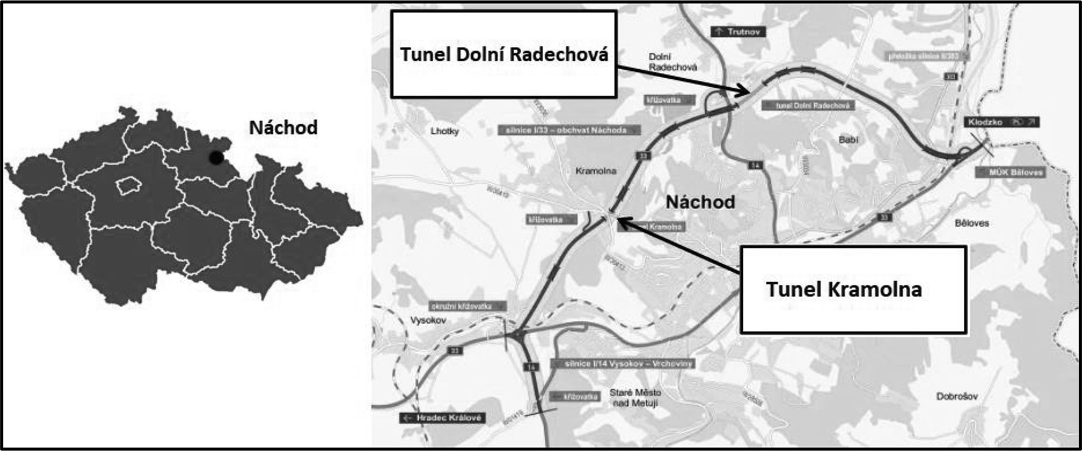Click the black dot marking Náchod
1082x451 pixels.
pos(215,157)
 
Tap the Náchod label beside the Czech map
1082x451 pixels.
pos(283,127)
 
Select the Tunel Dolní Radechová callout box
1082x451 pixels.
pos(504,54)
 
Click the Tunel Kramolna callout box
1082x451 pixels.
pos(853,289)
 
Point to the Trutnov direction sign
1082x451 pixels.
pos(738,32)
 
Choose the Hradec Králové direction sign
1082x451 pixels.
pos(443,418)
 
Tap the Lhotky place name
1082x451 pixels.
pos(445,131)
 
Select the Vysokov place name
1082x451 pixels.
pos(428,320)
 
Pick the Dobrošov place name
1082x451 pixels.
pos(957,396)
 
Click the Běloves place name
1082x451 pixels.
pos(972,223)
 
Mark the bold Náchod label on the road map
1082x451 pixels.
pos(700,202)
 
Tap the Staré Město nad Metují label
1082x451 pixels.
pos(635,397)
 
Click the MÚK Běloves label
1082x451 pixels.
pos(1010,173)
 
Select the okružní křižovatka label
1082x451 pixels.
pos(468,306)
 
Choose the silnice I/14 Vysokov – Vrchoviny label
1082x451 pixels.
pos(623,364)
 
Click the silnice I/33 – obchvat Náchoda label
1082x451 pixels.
pos(569,130)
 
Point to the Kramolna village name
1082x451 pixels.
pos(596,171)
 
